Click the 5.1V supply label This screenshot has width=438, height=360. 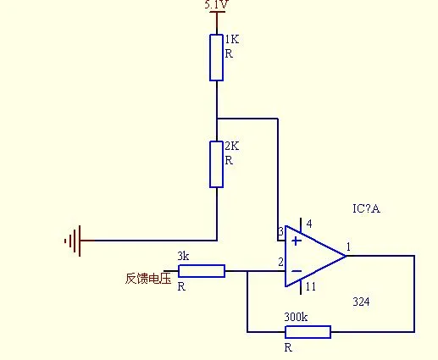pos(217,4)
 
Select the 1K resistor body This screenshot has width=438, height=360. pos(217,58)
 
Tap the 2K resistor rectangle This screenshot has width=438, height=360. pos(217,164)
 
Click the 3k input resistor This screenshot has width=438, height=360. pos(202,271)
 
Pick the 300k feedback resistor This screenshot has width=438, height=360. pos(308,332)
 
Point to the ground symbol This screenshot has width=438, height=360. pos(73,241)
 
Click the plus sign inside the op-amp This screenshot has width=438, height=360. pos(297,241)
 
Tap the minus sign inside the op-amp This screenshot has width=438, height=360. pos(297,271)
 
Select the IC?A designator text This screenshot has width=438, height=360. pos(366,208)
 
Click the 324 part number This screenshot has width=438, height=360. pos(361,302)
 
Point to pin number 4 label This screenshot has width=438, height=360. pos(309,224)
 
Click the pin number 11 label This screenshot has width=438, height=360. pos(311,287)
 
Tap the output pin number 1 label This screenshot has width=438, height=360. pos(348,247)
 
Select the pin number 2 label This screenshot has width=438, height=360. pos(280,262)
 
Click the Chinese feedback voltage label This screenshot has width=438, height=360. pos(148,279)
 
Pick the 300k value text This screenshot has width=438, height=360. pos(296,317)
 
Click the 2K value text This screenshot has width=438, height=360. pos(232,146)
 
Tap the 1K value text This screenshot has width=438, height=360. pos(232,39)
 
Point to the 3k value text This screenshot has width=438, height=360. pos(183,256)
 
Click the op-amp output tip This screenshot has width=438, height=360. pos(347,256)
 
